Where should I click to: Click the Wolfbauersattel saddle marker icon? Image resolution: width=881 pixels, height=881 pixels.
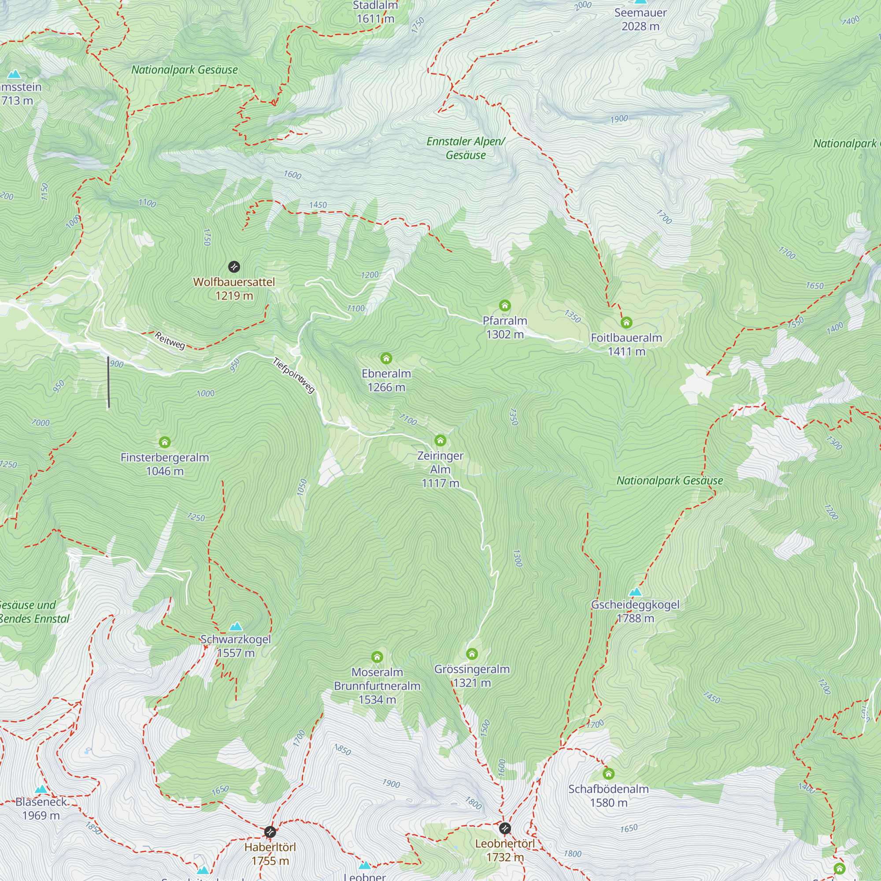pyautogui.click(x=234, y=267)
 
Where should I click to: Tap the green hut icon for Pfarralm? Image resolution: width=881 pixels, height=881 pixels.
pyautogui.click(x=504, y=306)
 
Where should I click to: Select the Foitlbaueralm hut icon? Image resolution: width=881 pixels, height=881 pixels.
pyautogui.click(x=626, y=323)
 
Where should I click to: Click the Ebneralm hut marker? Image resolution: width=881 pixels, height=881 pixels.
pyautogui.click(x=386, y=359)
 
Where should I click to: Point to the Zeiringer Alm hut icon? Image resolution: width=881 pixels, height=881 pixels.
pyautogui.click(x=440, y=440)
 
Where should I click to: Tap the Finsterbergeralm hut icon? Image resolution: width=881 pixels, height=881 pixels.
pyautogui.click(x=165, y=442)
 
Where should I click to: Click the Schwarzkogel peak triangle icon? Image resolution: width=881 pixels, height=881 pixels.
pyautogui.click(x=236, y=626)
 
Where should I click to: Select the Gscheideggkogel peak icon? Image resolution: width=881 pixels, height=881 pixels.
pyautogui.click(x=635, y=592)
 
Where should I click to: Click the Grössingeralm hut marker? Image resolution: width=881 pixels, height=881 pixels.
pyautogui.click(x=472, y=655)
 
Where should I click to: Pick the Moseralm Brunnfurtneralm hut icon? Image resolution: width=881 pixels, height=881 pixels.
pyautogui.click(x=377, y=657)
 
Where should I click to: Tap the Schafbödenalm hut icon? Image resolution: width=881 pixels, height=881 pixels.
pyautogui.click(x=608, y=774)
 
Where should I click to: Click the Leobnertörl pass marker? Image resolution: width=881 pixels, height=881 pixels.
pyautogui.click(x=505, y=829)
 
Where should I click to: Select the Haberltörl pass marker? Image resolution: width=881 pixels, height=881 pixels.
pyautogui.click(x=270, y=832)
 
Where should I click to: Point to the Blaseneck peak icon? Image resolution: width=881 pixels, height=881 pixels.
pyautogui.click(x=41, y=789)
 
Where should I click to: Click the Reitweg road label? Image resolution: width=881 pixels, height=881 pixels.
pyautogui.click(x=170, y=341)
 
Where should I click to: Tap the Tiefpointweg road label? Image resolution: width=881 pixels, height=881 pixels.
pyautogui.click(x=294, y=375)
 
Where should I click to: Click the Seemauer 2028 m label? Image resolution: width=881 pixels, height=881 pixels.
pyautogui.click(x=640, y=20)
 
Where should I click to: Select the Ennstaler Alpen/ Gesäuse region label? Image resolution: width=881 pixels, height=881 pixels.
pyautogui.click(x=466, y=148)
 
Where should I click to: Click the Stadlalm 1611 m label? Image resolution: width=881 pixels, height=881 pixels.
pyautogui.click(x=375, y=12)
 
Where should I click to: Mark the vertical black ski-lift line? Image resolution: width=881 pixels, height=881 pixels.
pyautogui.click(x=108, y=382)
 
